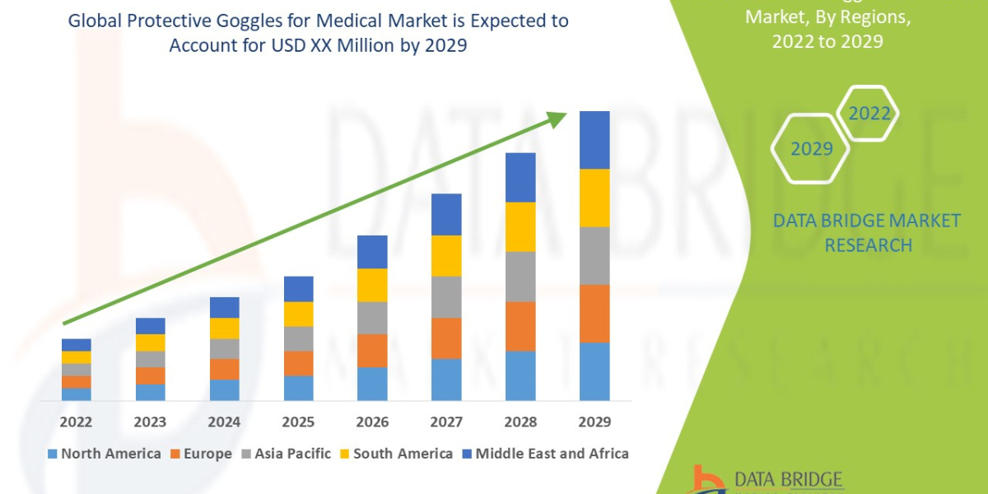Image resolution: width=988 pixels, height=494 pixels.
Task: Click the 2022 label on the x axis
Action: click(76, 422)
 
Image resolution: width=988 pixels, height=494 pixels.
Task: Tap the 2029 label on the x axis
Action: click(594, 422)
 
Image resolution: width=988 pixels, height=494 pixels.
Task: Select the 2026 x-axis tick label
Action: click(372, 422)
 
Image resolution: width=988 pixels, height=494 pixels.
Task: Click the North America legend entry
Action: click(105, 454)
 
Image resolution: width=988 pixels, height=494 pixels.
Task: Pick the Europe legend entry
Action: click(203, 454)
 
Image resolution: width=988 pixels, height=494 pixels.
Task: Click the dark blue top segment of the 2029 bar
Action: click(594, 140)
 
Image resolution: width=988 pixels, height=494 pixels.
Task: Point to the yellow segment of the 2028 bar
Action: click(520, 226)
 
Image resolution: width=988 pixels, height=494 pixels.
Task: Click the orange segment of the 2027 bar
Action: click(446, 338)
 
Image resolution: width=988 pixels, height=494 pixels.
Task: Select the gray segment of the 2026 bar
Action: click(372, 317)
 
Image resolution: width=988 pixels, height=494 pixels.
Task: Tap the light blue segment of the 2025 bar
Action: click(298, 388)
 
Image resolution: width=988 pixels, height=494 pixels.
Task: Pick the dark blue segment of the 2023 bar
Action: click(150, 326)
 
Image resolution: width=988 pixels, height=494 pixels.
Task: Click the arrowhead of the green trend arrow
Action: click(557, 119)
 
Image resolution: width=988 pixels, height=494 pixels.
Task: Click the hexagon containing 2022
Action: click(869, 114)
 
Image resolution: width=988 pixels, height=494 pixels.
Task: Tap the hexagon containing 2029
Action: click(810, 149)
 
